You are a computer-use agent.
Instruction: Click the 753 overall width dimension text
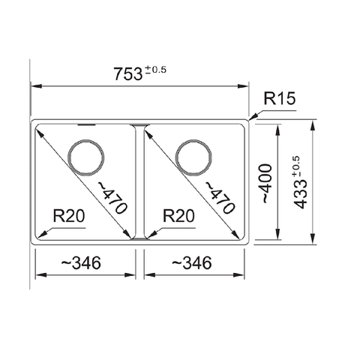click(x=127, y=74)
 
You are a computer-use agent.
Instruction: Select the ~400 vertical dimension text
click(x=268, y=183)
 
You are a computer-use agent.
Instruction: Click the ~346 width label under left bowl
click(x=77, y=263)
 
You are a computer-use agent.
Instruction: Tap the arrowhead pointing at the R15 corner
click(x=253, y=117)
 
